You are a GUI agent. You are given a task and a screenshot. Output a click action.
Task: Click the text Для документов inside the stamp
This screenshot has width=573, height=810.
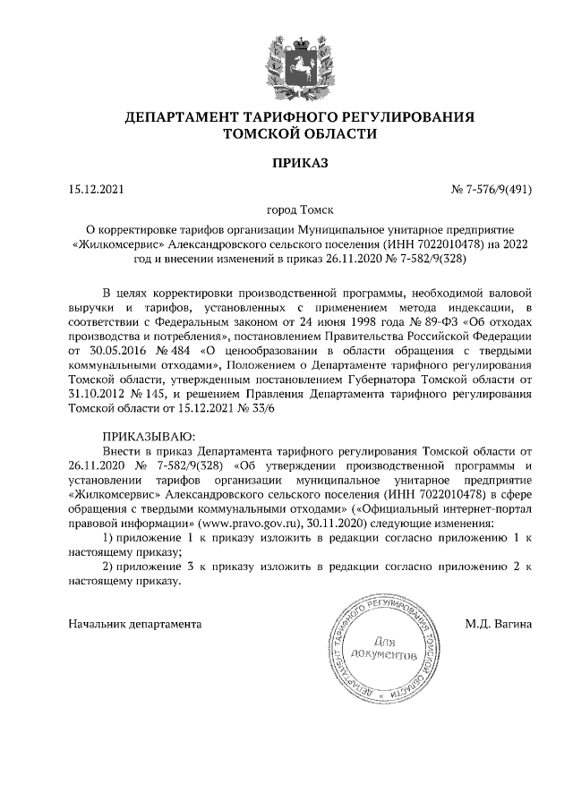tap(383, 649)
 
